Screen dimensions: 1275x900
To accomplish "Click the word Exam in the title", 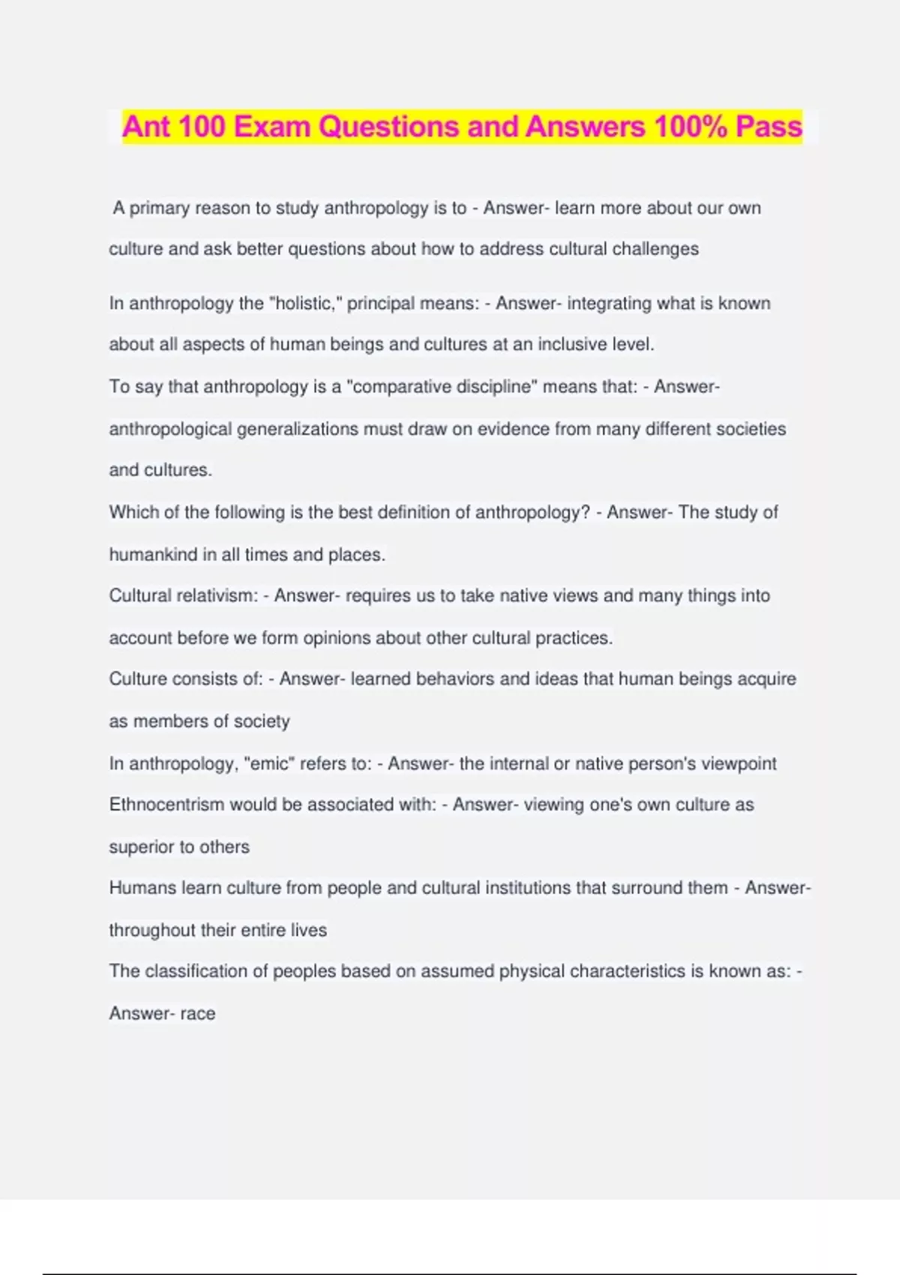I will pos(272,127).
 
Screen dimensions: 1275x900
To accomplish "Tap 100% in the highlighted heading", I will pos(691,127).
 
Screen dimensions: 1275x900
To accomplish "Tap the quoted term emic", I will pos(270,763).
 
